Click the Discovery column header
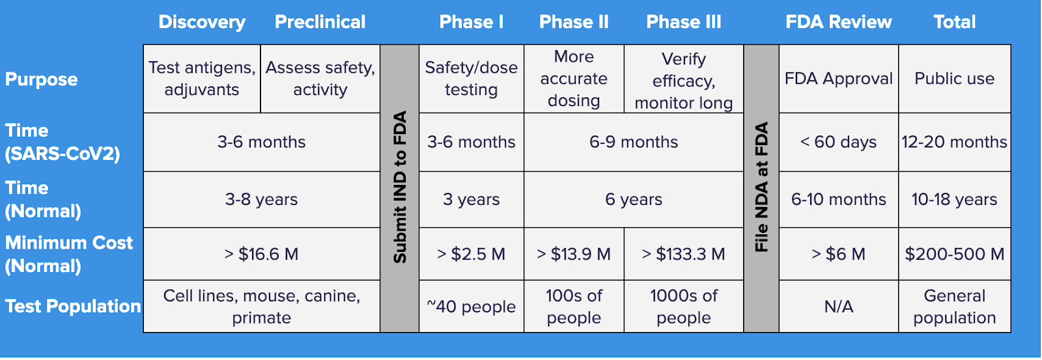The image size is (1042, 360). [x=202, y=22]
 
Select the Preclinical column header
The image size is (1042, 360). [x=320, y=22]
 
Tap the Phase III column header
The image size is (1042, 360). [x=683, y=22]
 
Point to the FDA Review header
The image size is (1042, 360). [x=839, y=22]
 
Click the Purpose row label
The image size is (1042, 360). [x=42, y=79]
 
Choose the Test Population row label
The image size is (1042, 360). [x=73, y=306]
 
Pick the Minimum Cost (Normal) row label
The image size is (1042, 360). [x=69, y=254]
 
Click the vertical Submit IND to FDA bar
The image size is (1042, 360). [x=400, y=188]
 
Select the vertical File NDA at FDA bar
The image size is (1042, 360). [x=761, y=188]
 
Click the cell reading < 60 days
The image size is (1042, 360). [x=839, y=142]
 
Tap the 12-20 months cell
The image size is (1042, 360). [x=955, y=142]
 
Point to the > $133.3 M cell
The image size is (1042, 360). [x=684, y=254]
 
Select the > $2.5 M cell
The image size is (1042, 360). [x=472, y=254]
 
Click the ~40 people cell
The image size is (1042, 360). [x=472, y=306]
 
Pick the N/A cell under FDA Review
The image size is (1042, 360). [x=839, y=306]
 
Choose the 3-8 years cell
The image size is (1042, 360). [x=261, y=200]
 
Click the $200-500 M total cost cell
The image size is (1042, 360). [x=955, y=254]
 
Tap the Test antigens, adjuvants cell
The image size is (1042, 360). [x=202, y=79]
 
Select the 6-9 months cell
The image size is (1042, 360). [x=634, y=142]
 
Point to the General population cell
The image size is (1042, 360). [x=955, y=306]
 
